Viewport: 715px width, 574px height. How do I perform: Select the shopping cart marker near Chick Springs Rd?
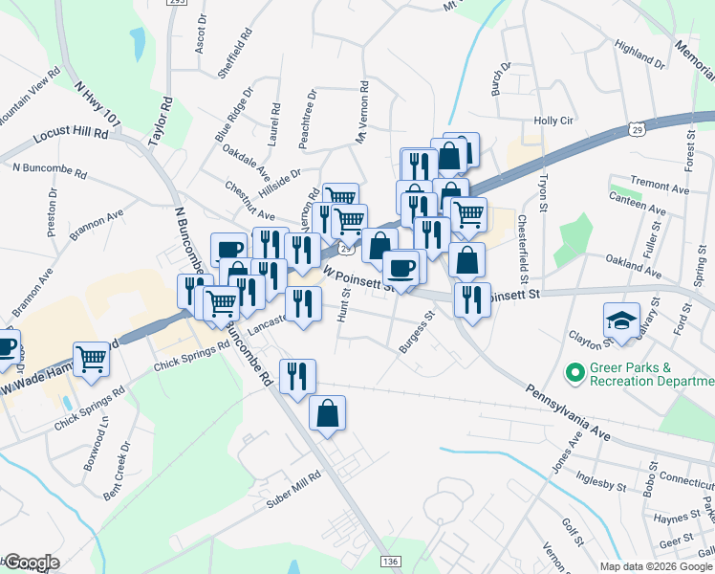pos(91,360)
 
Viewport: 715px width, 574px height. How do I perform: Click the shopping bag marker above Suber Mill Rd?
pos(327,413)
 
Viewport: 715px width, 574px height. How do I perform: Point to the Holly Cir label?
pos(552,121)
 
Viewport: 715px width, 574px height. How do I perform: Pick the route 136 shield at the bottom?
pos(389,561)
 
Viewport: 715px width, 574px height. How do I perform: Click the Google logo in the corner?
pos(32,563)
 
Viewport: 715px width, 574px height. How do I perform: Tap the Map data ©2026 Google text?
pos(656,566)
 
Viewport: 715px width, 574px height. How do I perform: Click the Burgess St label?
pos(417,331)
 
